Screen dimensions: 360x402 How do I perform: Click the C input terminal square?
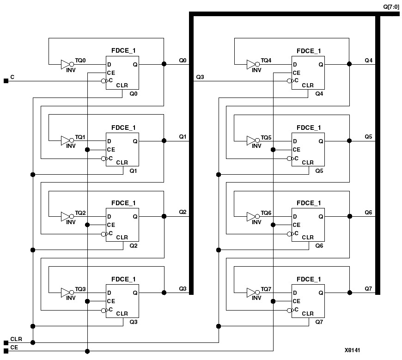6,81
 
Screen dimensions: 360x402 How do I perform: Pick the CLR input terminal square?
6,342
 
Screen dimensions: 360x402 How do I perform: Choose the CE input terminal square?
6,351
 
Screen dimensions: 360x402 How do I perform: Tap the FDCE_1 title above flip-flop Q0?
123,50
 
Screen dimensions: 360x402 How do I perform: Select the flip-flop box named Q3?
122,300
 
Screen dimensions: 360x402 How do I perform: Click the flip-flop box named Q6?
308,225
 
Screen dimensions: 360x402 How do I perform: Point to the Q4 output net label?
368,61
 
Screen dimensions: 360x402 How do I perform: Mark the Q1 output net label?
183,137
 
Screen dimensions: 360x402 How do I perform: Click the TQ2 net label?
80,213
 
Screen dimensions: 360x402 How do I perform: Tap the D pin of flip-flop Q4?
294,65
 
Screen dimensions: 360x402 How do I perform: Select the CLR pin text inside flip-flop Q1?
122,162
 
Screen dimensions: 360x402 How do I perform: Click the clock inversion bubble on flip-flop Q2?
104,234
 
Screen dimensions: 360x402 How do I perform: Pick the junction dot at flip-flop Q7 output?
349,293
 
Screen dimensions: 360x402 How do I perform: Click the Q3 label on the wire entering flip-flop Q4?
200,77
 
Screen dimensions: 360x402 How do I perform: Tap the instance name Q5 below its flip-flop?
319,171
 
